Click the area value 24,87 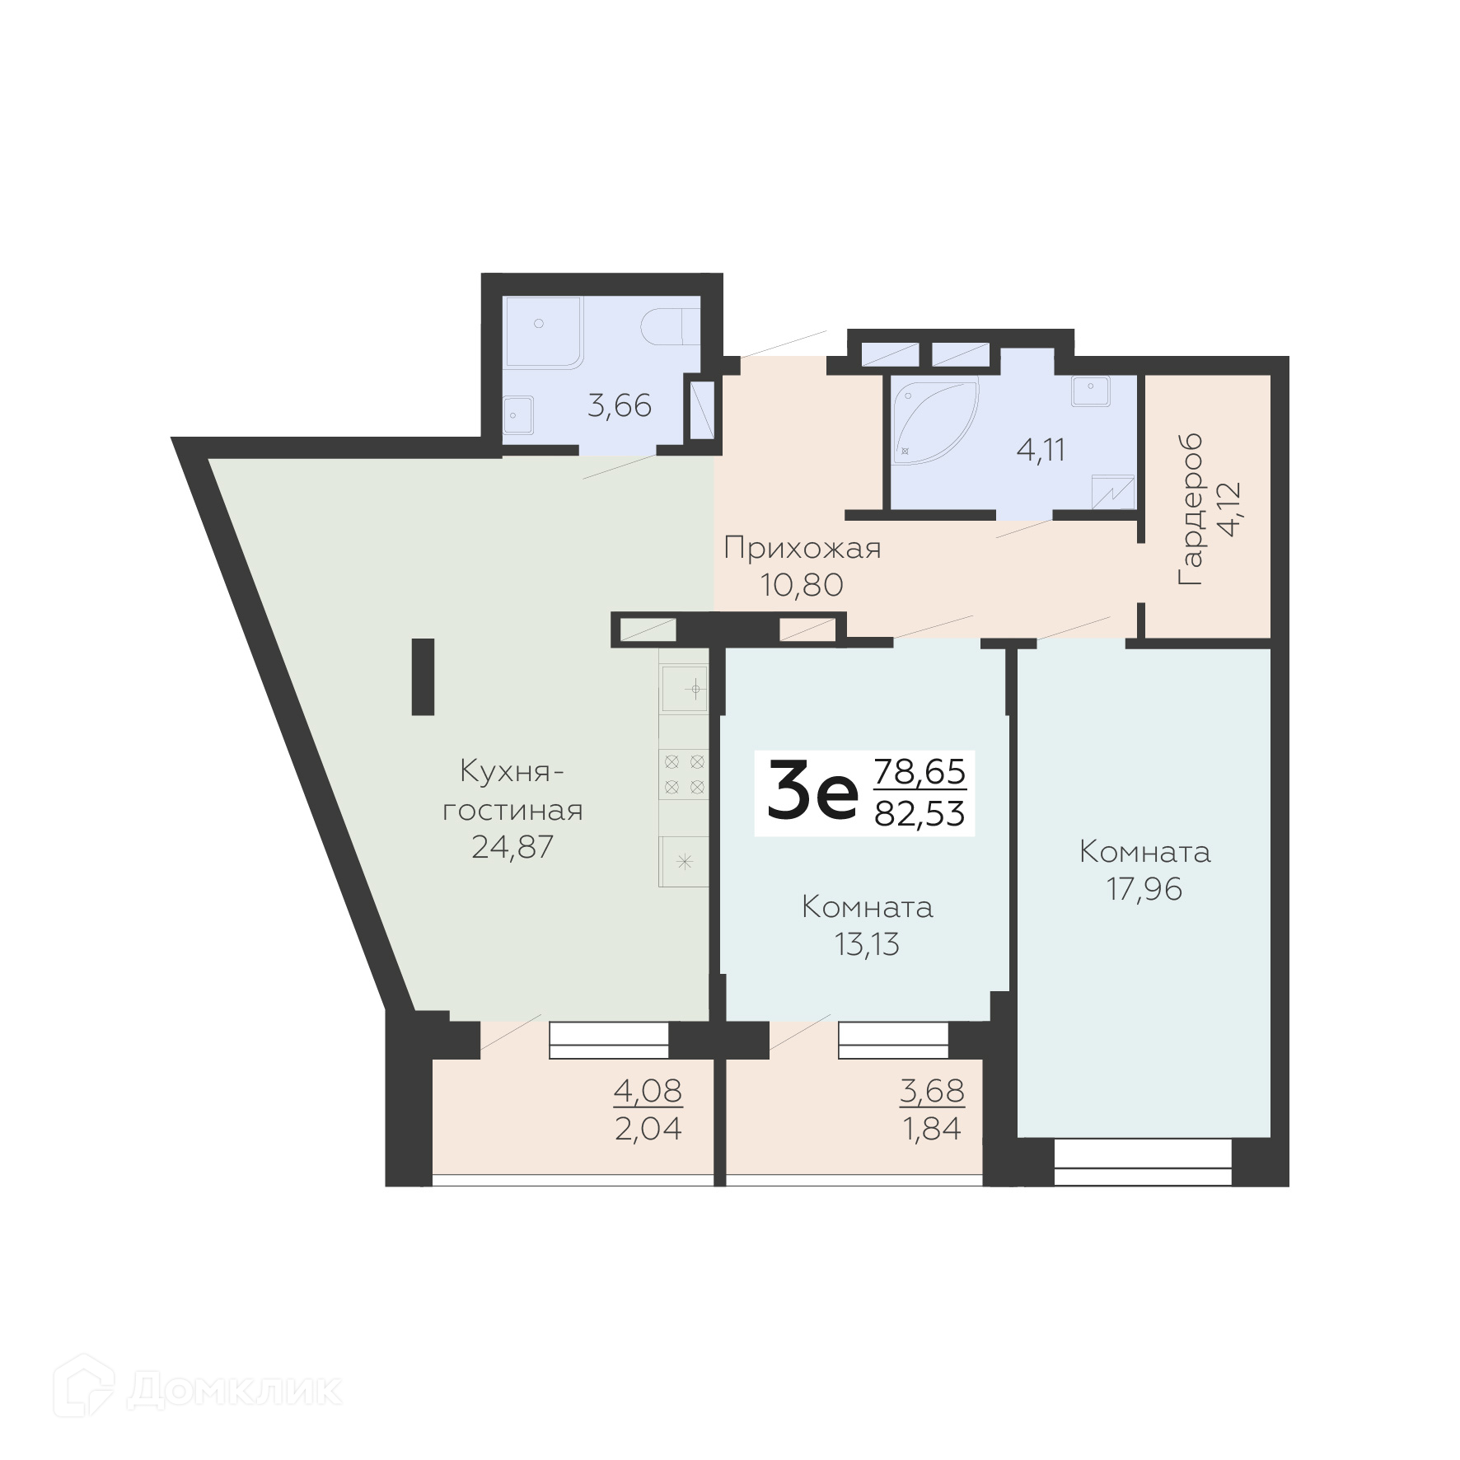tap(512, 847)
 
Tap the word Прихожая tap(803, 549)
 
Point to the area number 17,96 tap(1144, 889)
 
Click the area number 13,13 tap(867, 944)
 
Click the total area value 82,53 tap(920, 814)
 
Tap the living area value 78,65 tap(920, 772)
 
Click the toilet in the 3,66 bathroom tap(669, 327)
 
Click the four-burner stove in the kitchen tap(684, 774)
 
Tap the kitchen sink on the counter tap(684, 688)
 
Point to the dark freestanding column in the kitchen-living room tap(423, 676)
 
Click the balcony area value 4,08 tap(648, 1091)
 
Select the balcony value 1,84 tap(933, 1129)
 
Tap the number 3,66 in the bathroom tap(620, 406)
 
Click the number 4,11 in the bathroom tap(1041, 451)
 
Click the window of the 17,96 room tap(1143, 1163)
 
